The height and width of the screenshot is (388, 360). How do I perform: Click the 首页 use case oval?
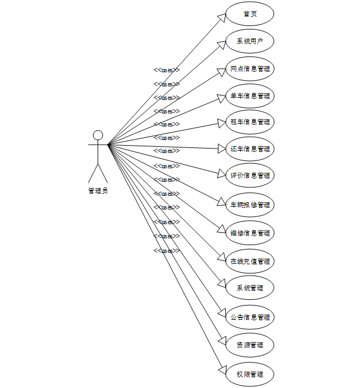[250, 14]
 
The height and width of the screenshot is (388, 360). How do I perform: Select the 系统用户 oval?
[250, 41]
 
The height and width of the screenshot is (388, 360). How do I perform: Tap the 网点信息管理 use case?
[250, 69]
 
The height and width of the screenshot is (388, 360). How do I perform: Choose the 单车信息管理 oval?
[250, 95]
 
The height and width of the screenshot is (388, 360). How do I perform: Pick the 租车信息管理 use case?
[250, 122]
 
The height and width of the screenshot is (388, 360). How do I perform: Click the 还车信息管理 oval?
[250, 149]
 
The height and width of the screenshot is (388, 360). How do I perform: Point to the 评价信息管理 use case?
[250, 176]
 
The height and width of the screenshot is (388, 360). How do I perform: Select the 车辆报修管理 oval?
[250, 204]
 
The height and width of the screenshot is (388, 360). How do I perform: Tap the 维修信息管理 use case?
[250, 233]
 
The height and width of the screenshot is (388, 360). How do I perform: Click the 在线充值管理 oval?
[250, 261]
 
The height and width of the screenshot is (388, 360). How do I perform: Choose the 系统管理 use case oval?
[250, 288]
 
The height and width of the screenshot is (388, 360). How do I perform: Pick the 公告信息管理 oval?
[250, 317]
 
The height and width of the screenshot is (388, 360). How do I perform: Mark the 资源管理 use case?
[250, 345]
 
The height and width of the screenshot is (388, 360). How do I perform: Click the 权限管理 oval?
[250, 374]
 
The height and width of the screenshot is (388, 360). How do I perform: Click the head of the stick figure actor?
[98, 135]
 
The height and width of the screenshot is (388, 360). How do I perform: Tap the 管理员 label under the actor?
[98, 191]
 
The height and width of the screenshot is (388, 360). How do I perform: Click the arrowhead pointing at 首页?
[222, 18]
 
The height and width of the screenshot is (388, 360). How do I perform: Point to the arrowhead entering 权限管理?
[222, 368]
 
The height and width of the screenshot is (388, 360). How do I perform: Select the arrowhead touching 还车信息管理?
[221, 149]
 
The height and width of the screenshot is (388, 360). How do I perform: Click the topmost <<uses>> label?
[166, 70]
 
